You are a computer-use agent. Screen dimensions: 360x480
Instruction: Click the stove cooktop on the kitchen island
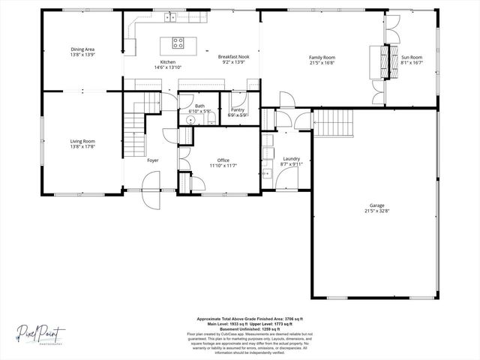[x=178, y=42]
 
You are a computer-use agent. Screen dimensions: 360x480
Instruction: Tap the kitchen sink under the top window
[x=171, y=16]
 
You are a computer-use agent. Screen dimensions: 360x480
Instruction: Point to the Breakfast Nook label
[x=234, y=57]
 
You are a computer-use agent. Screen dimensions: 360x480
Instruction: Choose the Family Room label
[x=322, y=57]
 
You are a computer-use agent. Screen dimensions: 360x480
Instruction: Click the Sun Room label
[x=412, y=57]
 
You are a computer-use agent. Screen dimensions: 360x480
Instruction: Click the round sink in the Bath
[x=183, y=120]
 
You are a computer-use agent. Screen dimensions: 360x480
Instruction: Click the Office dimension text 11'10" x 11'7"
[x=223, y=166]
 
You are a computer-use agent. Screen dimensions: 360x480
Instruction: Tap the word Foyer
[x=152, y=160]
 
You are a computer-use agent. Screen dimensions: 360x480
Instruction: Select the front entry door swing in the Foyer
[x=149, y=181]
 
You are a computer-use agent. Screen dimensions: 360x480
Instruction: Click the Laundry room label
[x=292, y=159]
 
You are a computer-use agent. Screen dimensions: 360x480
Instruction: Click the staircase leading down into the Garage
[x=333, y=122]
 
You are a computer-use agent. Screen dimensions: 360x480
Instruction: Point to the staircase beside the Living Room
[x=133, y=131]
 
